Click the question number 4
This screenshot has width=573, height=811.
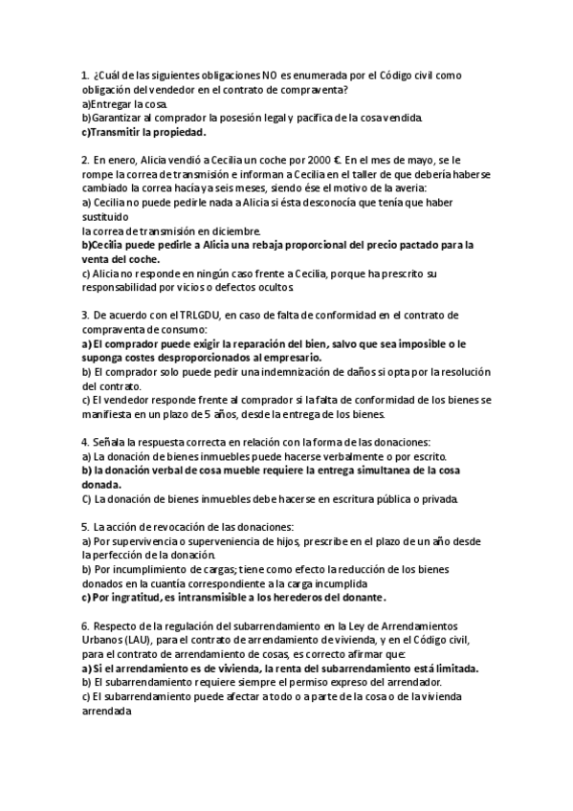tap(85, 442)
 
